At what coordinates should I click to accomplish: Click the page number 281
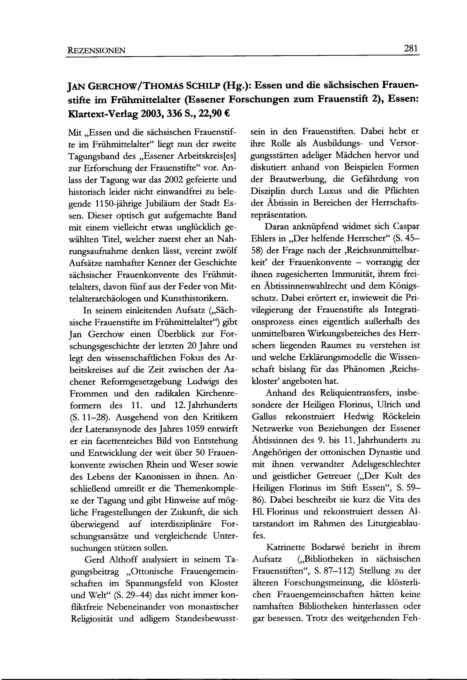411,48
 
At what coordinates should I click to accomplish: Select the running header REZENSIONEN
96,50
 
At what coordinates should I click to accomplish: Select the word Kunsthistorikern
193,298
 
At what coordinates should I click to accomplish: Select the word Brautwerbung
301,179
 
